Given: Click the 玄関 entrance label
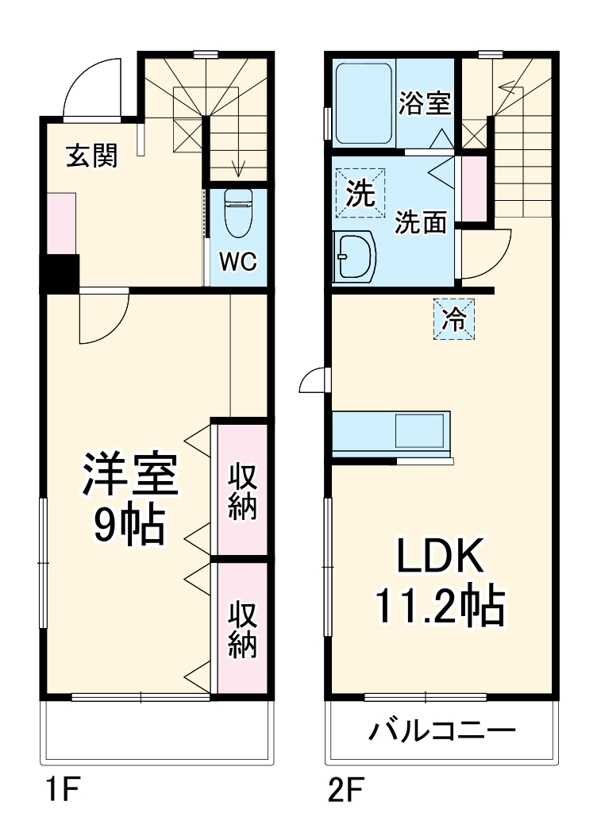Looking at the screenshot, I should tap(91, 156).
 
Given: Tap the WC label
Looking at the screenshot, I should tap(237, 262).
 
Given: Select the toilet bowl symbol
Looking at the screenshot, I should tap(237, 214).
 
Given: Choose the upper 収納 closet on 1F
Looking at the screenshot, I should tap(243, 491).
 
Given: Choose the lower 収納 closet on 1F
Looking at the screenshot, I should tap(243, 630).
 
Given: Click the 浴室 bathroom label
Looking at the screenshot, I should tap(425, 104).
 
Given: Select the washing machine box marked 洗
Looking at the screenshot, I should tap(360, 192).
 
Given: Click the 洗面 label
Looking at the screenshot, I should tap(422, 223).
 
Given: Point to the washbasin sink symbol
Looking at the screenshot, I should tap(355, 256).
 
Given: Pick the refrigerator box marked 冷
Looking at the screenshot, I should tap(454, 319).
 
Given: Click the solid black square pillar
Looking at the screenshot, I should tap(59, 272).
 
